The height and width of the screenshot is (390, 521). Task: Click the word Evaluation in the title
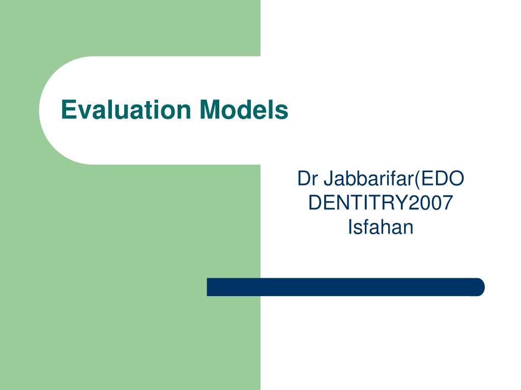[126, 110]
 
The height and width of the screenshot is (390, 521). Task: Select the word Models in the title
[244, 110]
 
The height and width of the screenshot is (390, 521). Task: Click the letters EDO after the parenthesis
[443, 178]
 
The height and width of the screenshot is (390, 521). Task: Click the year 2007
[430, 203]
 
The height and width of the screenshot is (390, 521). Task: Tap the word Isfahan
[381, 227]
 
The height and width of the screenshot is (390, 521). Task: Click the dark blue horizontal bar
[345, 287]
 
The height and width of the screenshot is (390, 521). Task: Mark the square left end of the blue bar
[207, 287]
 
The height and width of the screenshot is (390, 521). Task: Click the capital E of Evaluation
[68, 110]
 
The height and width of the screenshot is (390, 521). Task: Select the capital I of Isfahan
[350, 227]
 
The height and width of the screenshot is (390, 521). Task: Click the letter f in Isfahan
[366, 227]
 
